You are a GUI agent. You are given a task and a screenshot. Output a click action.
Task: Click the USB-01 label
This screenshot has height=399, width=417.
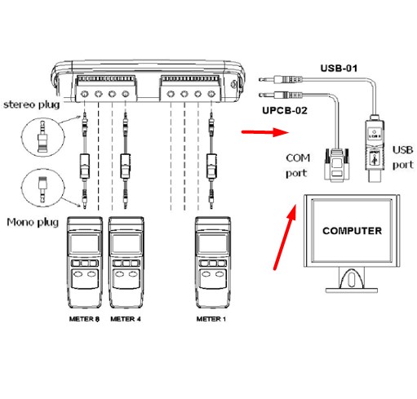(x=339, y=68)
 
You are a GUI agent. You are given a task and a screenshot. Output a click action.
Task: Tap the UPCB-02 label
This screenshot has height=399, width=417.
(x=285, y=110)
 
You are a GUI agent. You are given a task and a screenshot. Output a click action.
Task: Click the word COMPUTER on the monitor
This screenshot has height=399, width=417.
(x=352, y=231)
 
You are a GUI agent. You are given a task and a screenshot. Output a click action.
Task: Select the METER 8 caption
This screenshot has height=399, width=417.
(x=84, y=319)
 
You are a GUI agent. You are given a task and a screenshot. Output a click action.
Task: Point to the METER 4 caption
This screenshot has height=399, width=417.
(x=126, y=319)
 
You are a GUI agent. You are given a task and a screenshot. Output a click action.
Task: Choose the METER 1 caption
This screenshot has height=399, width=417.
(x=211, y=319)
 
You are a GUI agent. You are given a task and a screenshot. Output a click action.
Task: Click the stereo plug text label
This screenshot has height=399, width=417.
(x=32, y=104)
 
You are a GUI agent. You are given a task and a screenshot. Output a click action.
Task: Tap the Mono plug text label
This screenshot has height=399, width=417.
(x=33, y=222)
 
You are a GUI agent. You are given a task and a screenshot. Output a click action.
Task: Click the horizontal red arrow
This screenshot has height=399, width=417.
(x=265, y=132)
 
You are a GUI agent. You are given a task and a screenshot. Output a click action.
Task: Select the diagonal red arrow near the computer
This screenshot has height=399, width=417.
(x=285, y=237)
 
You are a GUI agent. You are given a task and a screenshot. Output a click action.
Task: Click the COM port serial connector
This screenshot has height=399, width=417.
(x=336, y=166)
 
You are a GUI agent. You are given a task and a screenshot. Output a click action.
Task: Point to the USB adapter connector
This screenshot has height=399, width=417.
(x=375, y=149)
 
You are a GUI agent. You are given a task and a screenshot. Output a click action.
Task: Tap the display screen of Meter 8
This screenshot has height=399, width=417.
(x=85, y=244)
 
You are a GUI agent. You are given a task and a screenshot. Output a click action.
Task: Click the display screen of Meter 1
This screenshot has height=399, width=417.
(x=213, y=244)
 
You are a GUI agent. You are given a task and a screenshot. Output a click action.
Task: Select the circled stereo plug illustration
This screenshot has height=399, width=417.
(x=42, y=137)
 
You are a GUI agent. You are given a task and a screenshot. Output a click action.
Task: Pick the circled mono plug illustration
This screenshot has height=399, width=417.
(x=42, y=188)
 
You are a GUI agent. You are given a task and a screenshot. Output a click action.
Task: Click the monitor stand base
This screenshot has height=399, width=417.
(x=352, y=290)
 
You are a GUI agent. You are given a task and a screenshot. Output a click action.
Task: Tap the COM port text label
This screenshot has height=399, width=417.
(x=298, y=166)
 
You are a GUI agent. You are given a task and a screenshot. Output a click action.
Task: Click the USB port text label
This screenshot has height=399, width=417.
(x=403, y=157)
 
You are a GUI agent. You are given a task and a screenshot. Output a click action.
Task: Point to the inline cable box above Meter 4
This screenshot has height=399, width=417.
(x=126, y=166)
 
